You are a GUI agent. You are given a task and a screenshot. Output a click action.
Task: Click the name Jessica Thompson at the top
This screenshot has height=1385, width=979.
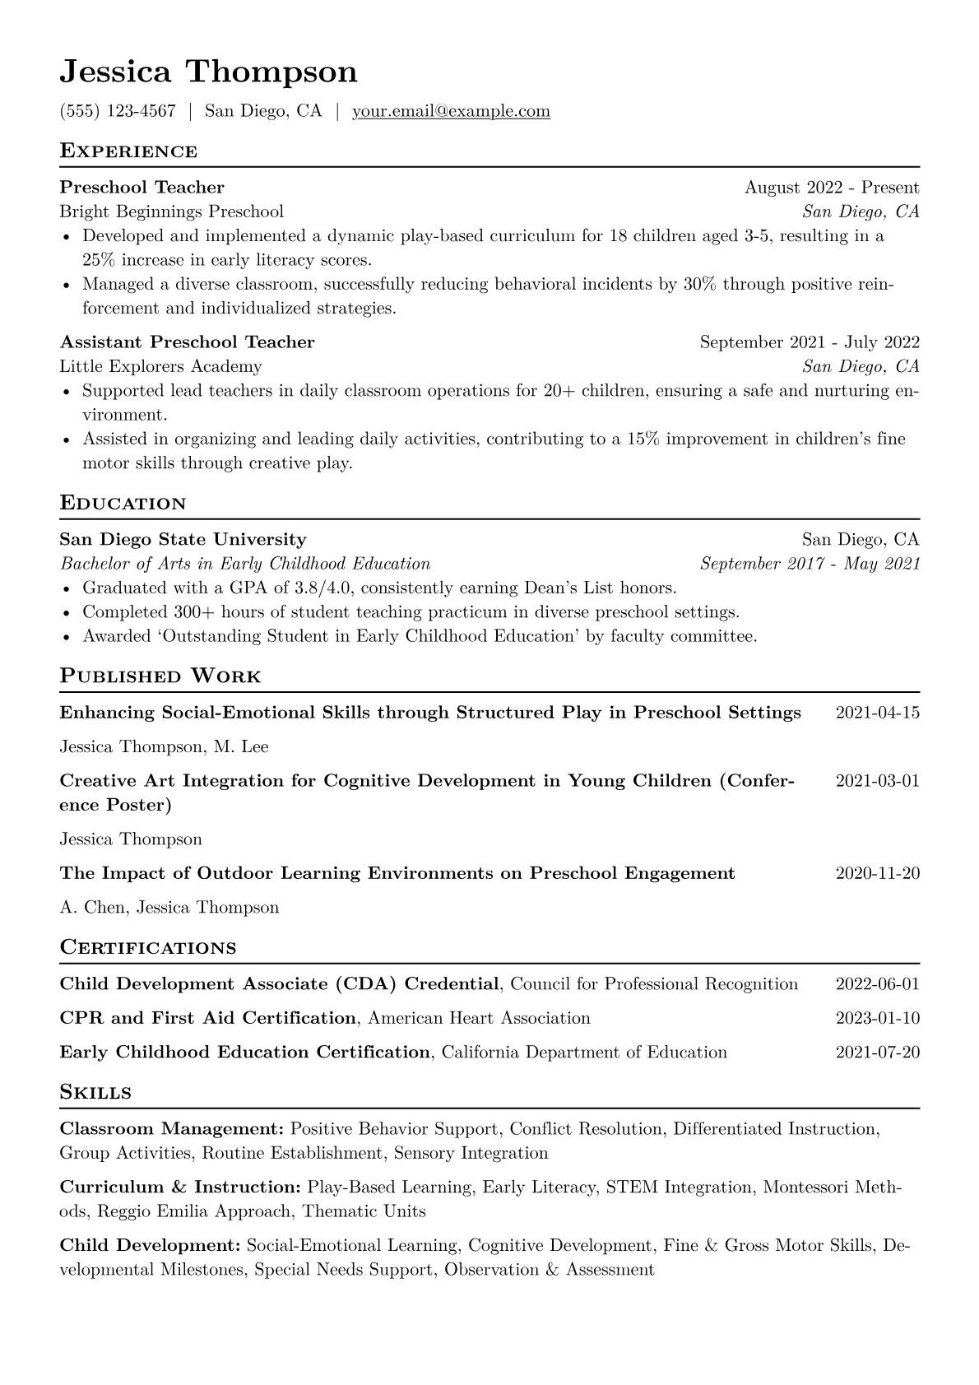pyautogui.click(x=208, y=72)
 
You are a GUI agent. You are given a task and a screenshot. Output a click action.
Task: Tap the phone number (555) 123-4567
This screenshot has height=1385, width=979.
pyautogui.click(x=118, y=111)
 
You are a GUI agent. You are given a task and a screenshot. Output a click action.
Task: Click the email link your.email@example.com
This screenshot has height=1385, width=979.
pyautogui.click(x=451, y=111)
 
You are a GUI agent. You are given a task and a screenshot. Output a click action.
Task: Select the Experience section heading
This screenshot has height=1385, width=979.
pyautogui.click(x=128, y=151)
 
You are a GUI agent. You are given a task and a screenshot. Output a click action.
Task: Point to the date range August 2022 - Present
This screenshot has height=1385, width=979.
pyautogui.click(x=832, y=188)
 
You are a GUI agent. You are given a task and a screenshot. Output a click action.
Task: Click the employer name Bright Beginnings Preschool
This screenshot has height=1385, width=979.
pyautogui.click(x=171, y=211)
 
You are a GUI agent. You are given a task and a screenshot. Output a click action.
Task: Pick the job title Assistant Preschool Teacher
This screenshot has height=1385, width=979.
pyautogui.click(x=187, y=342)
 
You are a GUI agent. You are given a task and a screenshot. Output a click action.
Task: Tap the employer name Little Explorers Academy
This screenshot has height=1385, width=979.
pyautogui.click(x=160, y=366)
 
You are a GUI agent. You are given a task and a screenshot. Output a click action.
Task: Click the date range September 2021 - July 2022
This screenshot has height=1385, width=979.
pyautogui.click(x=810, y=342)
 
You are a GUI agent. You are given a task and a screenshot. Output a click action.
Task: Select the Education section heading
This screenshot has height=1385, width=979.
pyautogui.click(x=123, y=504)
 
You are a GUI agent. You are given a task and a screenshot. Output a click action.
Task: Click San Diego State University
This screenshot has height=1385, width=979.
pyautogui.click(x=183, y=540)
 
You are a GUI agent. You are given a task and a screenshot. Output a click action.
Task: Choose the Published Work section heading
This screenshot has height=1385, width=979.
pyautogui.click(x=160, y=676)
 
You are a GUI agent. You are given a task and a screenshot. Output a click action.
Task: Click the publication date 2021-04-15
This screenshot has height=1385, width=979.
pyautogui.click(x=877, y=713)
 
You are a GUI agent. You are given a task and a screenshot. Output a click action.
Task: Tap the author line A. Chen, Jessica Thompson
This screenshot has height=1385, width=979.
pyautogui.click(x=169, y=908)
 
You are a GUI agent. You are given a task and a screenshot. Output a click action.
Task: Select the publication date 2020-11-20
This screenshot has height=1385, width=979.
pyautogui.click(x=877, y=873)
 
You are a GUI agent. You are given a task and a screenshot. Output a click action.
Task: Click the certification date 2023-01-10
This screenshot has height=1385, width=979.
pyautogui.click(x=877, y=1018)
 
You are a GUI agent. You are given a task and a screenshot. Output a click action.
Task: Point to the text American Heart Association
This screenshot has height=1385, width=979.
pyautogui.click(x=479, y=1018)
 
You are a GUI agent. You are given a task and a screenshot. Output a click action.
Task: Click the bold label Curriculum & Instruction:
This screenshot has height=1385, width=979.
pyautogui.click(x=180, y=1187)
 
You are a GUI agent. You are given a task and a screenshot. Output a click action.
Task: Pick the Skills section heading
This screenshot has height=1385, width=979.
pyautogui.click(x=95, y=1093)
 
